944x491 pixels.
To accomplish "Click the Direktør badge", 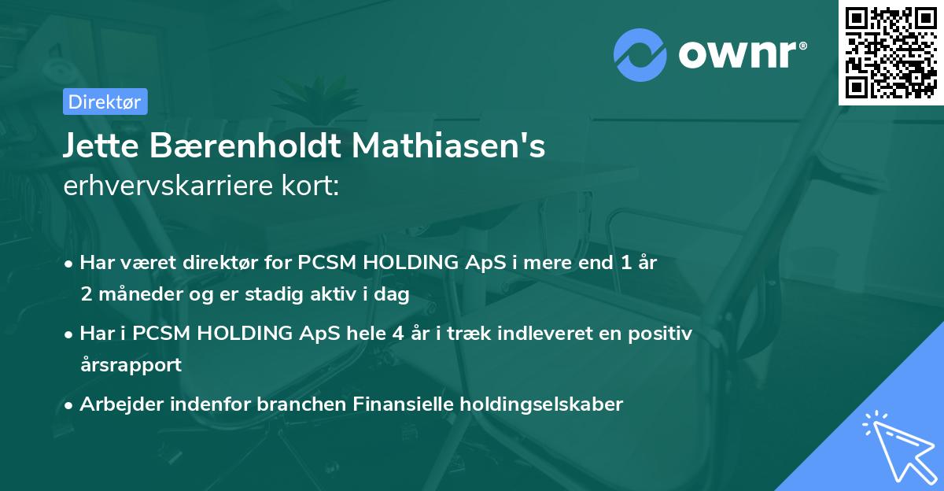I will pos(105,102).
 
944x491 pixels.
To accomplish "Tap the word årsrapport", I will pos(131,365).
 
